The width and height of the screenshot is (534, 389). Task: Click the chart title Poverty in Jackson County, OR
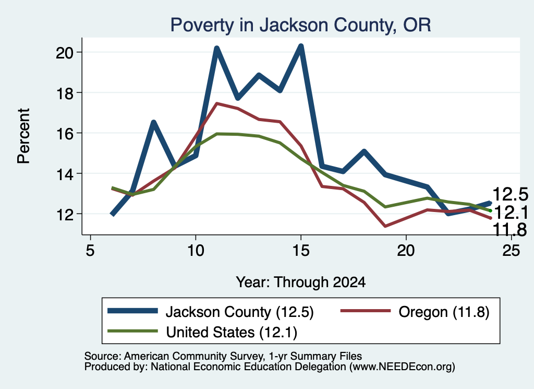point(300,25)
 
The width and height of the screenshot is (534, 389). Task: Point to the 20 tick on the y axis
point(64,53)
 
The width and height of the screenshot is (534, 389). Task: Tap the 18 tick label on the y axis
point(64,93)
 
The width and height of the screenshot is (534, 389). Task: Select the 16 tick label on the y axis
point(64,133)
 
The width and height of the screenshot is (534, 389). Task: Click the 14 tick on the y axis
point(64,174)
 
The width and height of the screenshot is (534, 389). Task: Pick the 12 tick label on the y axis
point(64,215)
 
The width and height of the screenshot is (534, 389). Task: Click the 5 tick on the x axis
point(90,251)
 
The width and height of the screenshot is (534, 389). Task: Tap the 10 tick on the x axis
point(196,251)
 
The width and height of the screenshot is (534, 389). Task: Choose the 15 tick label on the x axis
point(301,251)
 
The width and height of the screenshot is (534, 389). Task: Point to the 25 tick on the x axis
point(511,251)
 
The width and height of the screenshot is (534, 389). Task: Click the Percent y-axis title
point(23,136)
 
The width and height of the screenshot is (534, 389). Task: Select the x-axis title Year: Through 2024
point(301,282)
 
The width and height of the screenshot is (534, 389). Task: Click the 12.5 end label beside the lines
point(510,195)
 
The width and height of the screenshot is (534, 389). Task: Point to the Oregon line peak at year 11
point(216,103)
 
